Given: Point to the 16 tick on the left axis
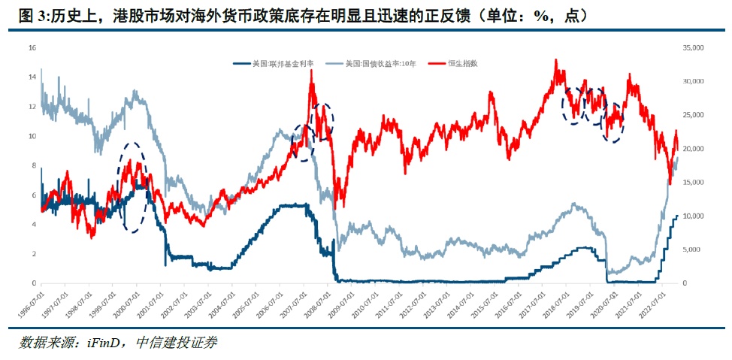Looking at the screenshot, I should pyautogui.click(x=32, y=47).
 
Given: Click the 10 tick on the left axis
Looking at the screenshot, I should pyautogui.click(x=32, y=136).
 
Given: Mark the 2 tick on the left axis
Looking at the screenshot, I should pyautogui.click(x=33, y=254).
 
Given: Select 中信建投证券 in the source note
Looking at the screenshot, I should pyautogui.click(x=177, y=343).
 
